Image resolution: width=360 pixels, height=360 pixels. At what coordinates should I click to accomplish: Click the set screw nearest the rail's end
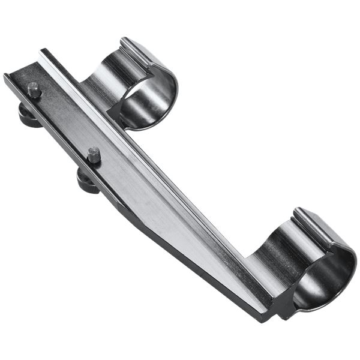34,89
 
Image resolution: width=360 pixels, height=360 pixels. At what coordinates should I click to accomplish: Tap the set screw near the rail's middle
94,154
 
